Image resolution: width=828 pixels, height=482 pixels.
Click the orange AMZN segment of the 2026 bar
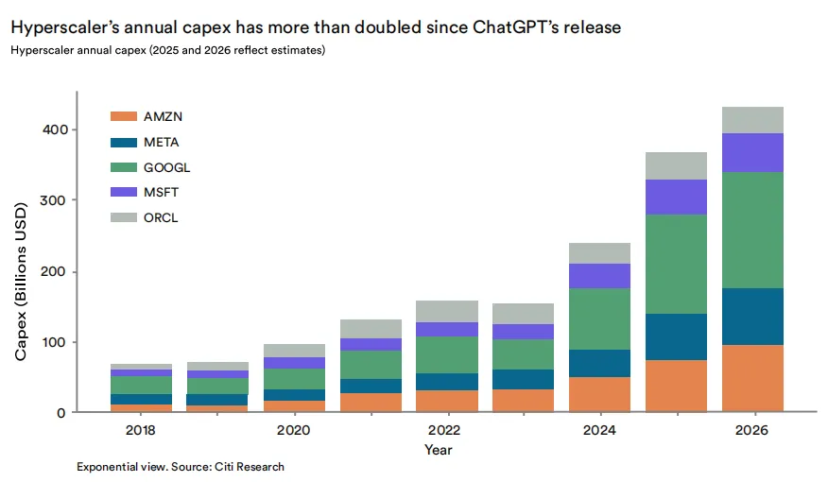(x=752, y=378)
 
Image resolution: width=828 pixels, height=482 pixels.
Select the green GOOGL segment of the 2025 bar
(x=676, y=264)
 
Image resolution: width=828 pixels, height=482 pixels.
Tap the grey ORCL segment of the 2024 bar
(x=599, y=253)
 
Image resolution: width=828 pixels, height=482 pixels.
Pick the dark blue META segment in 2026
(x=752, y=317)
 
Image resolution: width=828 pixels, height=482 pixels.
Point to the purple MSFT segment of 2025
(x=676, y=197)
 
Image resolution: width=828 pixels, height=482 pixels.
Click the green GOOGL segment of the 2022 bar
(x=447, y=354)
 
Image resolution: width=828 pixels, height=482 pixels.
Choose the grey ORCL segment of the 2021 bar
(x=371, y=329)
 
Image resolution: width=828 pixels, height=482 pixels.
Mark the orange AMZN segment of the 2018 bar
(x=141, y=408)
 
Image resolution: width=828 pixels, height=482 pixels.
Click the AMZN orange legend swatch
(x=124, y=116)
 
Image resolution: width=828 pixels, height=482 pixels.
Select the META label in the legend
(x=161, y=142)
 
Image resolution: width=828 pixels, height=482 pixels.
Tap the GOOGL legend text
(x=167, y=167)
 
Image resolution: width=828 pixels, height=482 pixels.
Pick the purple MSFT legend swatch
(x=124, y=192)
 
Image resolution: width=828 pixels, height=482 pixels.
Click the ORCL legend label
(x=161, y=217)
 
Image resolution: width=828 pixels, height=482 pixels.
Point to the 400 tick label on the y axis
(x=56, y=129)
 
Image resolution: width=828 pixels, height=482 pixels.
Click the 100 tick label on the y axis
(x=55, y=342)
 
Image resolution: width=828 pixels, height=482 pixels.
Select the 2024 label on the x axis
(x=599, y=430)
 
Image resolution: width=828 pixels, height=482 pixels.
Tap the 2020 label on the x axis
(x=294, y=430)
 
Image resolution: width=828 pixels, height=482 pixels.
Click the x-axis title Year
(x=439, y=450)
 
